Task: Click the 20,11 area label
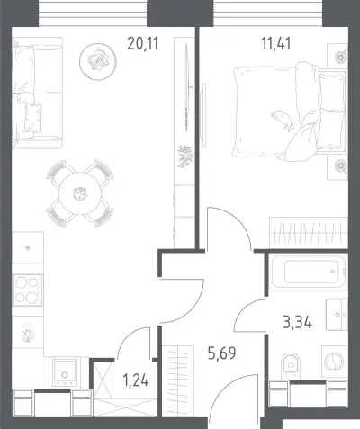point(142,44)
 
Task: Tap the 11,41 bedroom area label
point(276,44)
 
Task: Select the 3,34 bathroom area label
point(297,323)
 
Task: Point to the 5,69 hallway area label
point(221,353)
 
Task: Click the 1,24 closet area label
point(136,380)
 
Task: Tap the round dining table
point(80,193)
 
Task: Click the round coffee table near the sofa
point(98,61)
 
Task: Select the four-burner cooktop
point(28,290)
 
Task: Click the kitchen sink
point(64,372)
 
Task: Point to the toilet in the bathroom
point(291,365)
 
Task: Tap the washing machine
point(334,361)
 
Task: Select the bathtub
point(308,272)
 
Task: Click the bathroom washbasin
point(337,315)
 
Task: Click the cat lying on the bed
point(283,120)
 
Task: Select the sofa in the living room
point(37,93)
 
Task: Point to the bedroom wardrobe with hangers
point(309,233)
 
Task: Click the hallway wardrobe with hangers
point(178,381)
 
